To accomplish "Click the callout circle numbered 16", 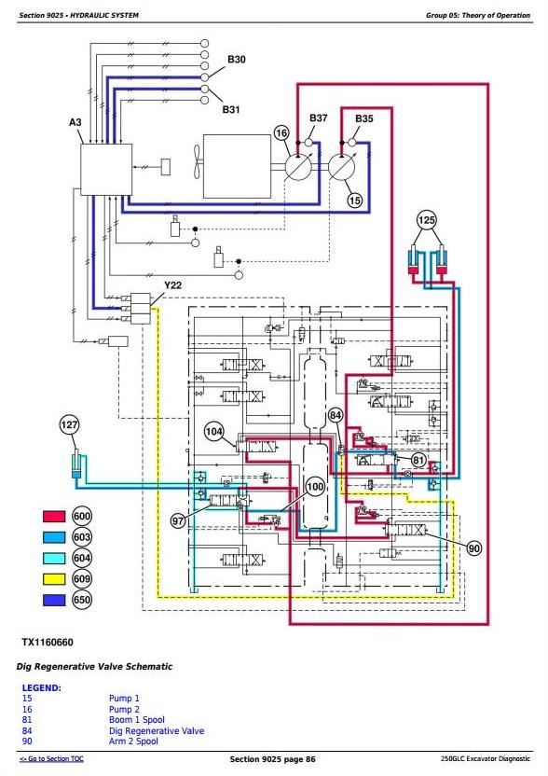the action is (x=281, y=132).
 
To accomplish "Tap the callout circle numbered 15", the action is (x=355, y=200).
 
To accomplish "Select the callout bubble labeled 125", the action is (x=427, y=220).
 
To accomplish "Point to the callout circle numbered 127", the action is (x=69, y=424).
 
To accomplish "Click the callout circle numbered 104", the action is (x=214, y=432).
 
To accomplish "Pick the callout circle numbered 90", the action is (x=473, y=547).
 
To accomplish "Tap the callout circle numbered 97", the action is (x=178, y=520).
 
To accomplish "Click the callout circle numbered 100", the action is (x=315, y=487).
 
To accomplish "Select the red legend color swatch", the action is (x=54, y=516).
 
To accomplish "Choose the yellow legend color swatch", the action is (x=54, y=578).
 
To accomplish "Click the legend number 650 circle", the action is (x=82, y=600).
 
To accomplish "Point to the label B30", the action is (x=237, y=60).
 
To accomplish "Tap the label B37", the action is (x=319, y=118).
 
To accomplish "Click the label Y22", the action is (x=172, y=285).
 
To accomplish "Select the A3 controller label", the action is (x=75, y=122).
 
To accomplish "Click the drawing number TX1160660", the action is (x=48, y=643).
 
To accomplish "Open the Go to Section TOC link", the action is (x=51, y=758).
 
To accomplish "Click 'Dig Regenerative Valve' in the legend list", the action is (x=157, y=730).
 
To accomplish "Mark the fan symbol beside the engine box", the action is (x=197, y=161).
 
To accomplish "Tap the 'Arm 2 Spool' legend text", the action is (x=133, y=741).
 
